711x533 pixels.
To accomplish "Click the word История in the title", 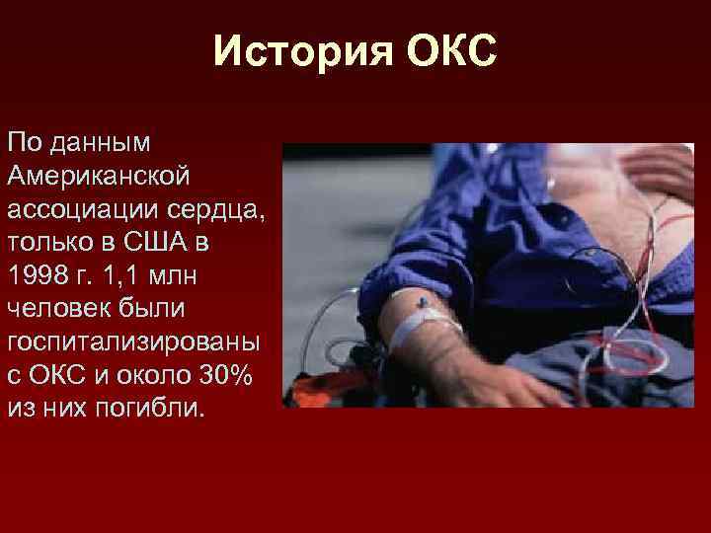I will [295, 52].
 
